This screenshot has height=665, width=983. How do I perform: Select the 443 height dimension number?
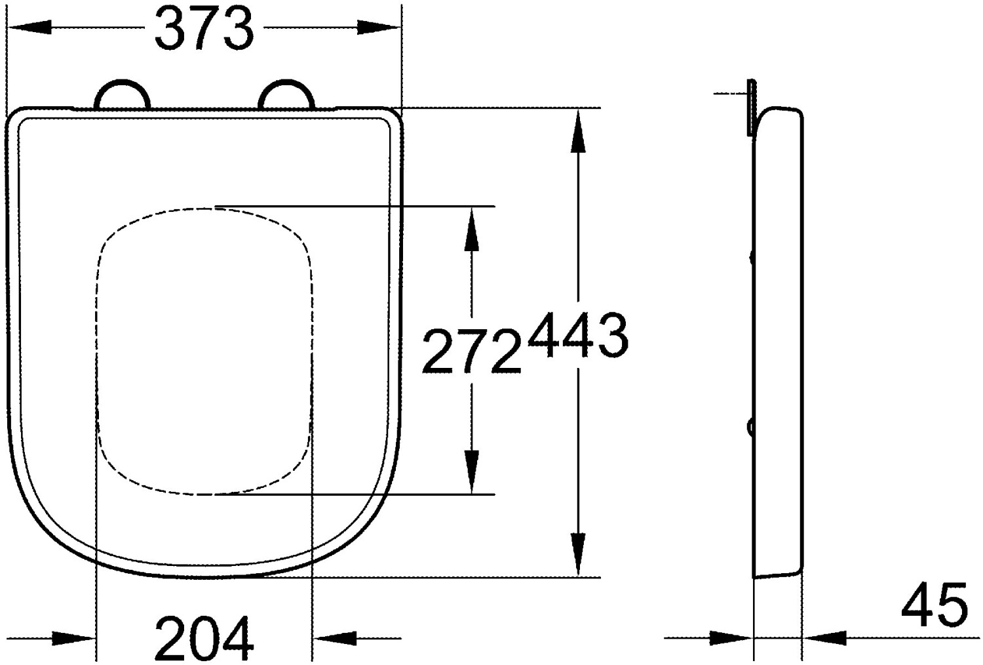[x=578, y=336]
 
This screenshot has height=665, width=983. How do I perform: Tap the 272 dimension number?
[x=471, y=353]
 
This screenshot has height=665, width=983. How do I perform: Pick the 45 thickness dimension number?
[x=935, y=605]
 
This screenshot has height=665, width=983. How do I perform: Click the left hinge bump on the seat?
[x=123, y=93]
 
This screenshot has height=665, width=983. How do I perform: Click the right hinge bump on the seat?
[x=286, y=93]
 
